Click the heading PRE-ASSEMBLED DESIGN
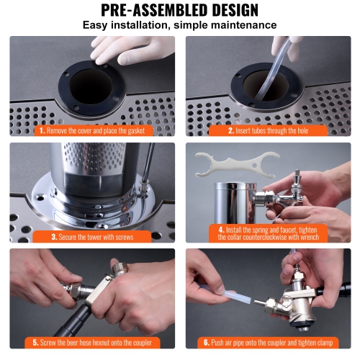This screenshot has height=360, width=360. (x=179, y=10)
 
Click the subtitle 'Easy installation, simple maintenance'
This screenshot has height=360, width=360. (x=179, y=25)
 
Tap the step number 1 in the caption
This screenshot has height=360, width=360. (x=42, y=130)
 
